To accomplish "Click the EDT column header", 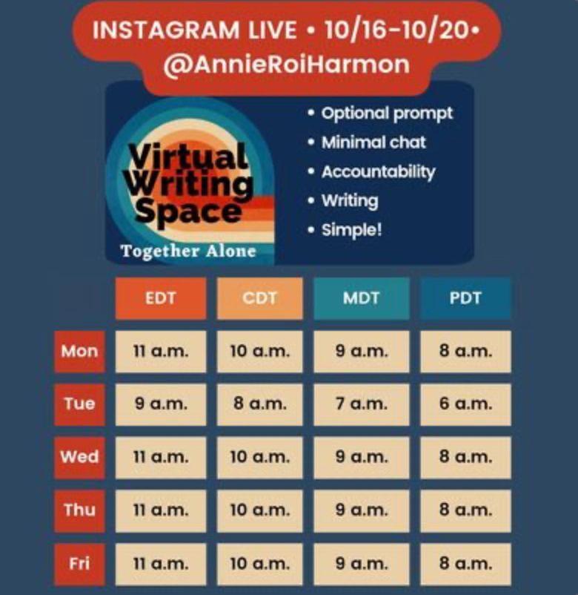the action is [x=161, y=298].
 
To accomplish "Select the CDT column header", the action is [x=260, y=298].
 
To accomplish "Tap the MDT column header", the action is [x=362, y=298].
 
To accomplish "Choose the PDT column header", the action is [x=465, y=298].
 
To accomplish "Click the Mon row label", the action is [x=79, y=352].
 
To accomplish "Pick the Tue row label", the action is [x=79, y=404].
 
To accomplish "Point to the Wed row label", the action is [x=79, y=457].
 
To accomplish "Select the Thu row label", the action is [x=79, y=510].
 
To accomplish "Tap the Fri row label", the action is [x=79, y=565].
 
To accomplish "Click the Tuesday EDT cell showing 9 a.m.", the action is [x=161, y=404].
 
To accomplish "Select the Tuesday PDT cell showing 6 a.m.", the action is [x=465, y=404].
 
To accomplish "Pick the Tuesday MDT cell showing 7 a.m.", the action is [x=362, y=404].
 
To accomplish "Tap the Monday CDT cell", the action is [x=260, y=352].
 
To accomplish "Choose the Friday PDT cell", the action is [x=465, y=565].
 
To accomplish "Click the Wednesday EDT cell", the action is [x=161, y=457].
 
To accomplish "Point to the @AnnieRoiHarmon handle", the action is [x=287, y=65].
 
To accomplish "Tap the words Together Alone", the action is [x=188, y=252].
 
